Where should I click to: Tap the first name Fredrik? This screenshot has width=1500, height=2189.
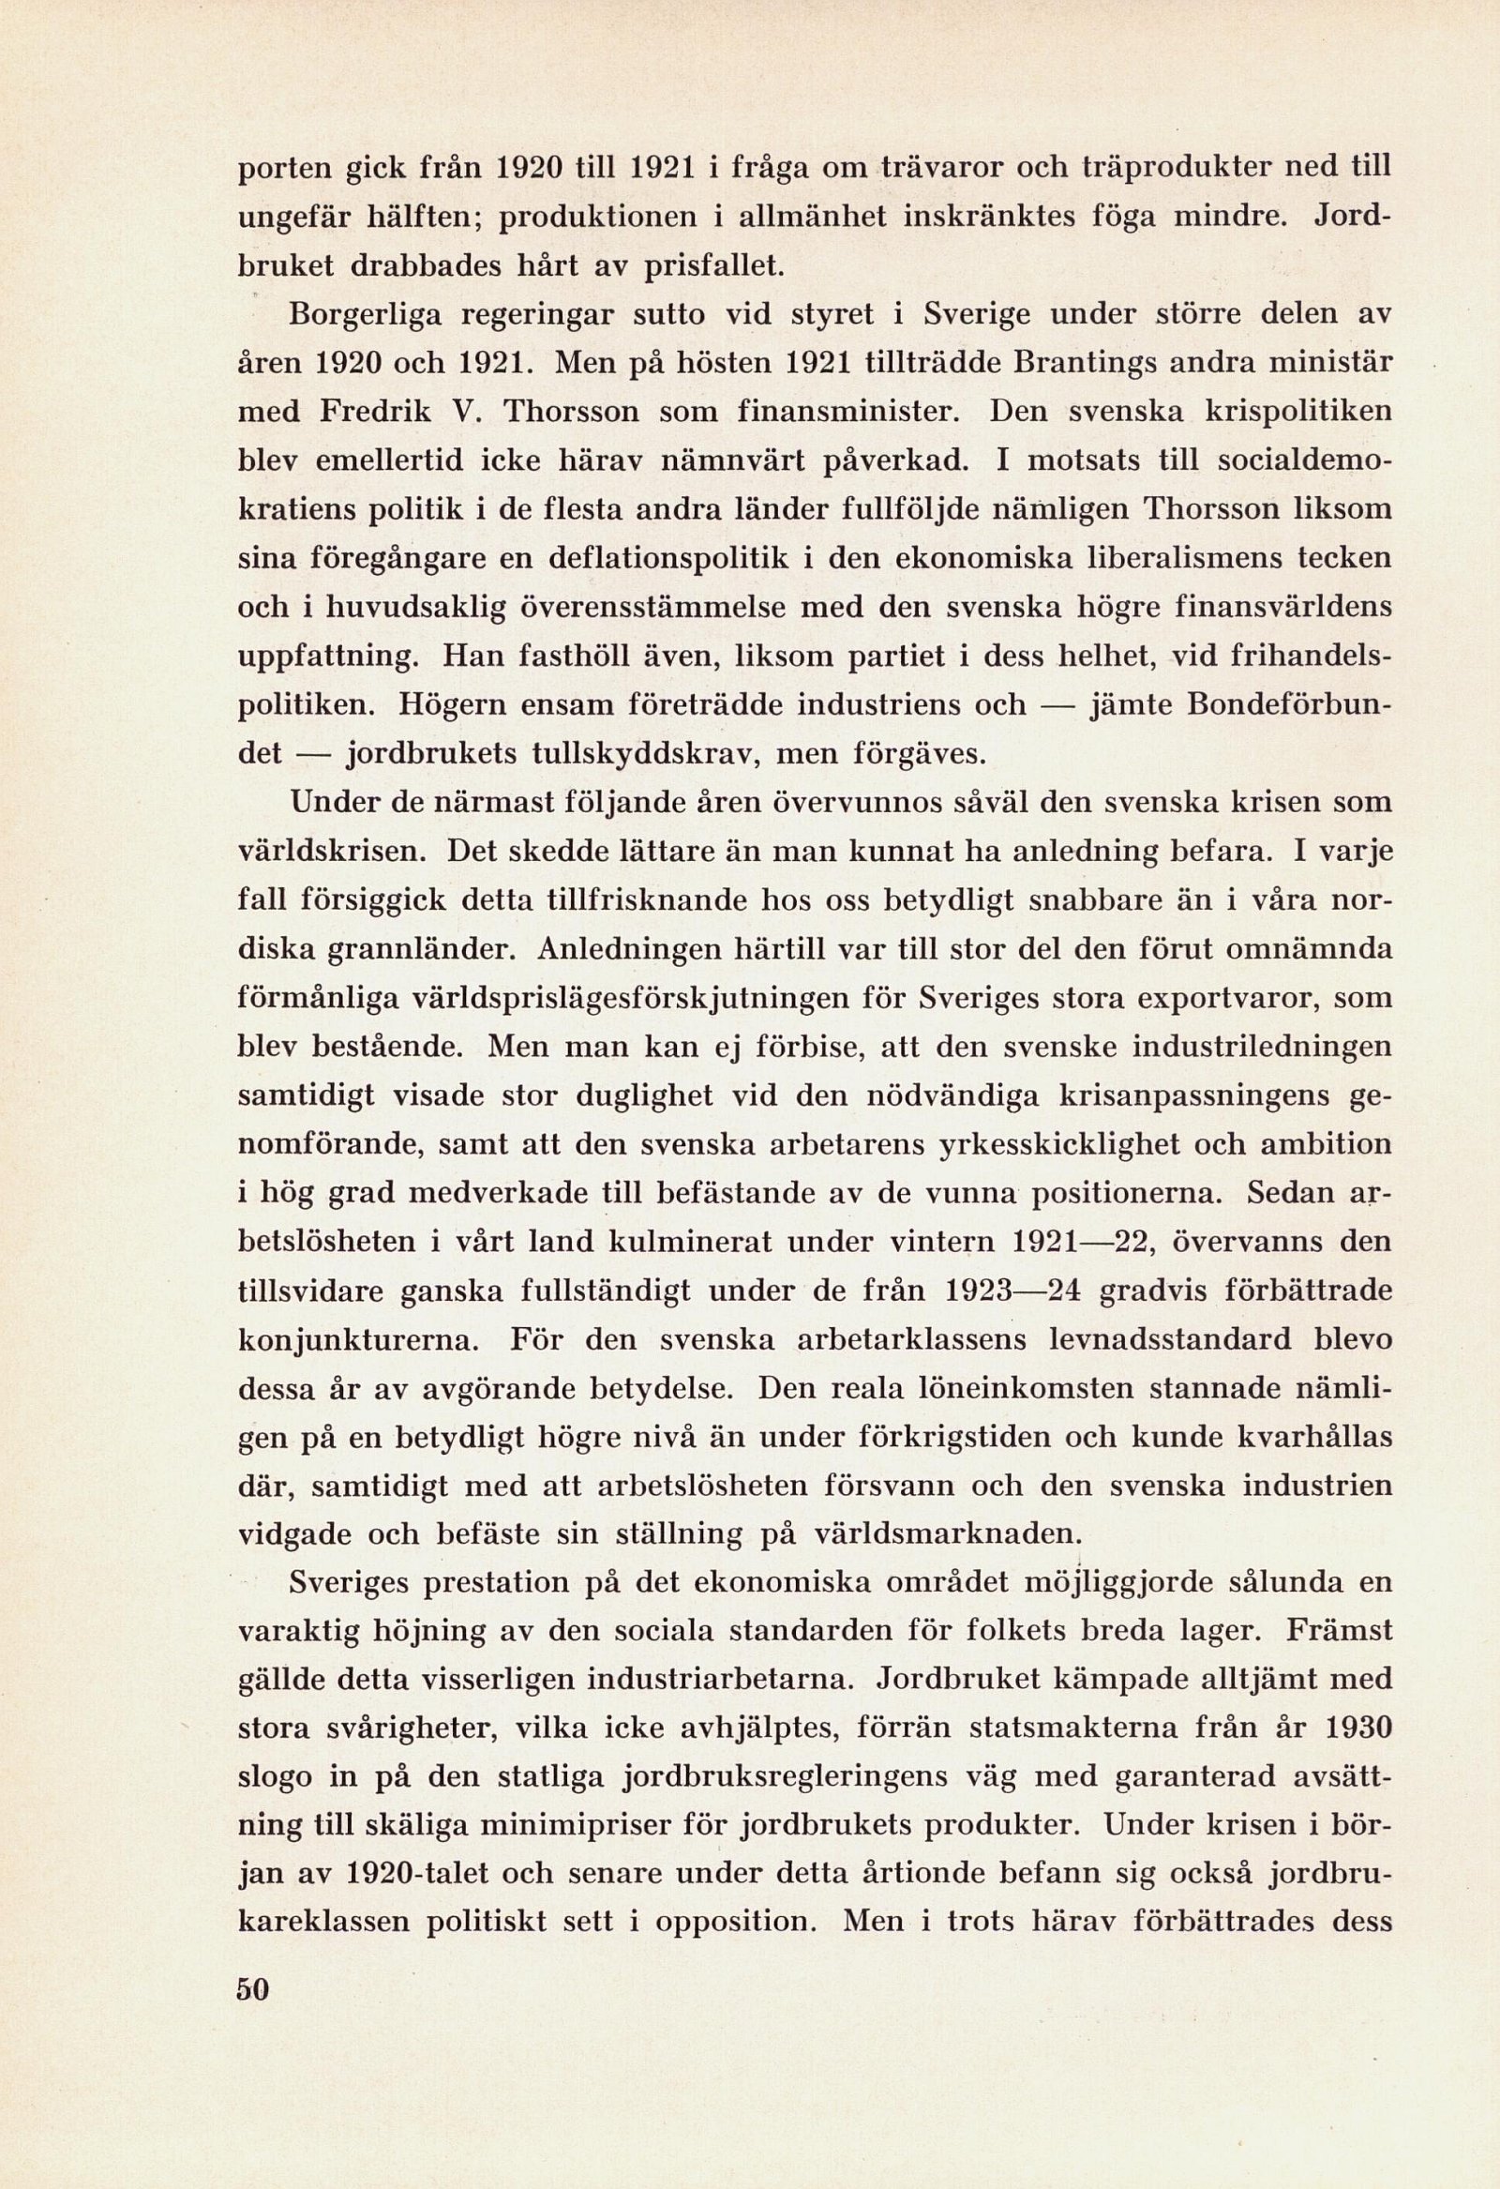point(377,412)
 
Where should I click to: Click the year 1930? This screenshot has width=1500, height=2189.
point(1357,1729)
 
